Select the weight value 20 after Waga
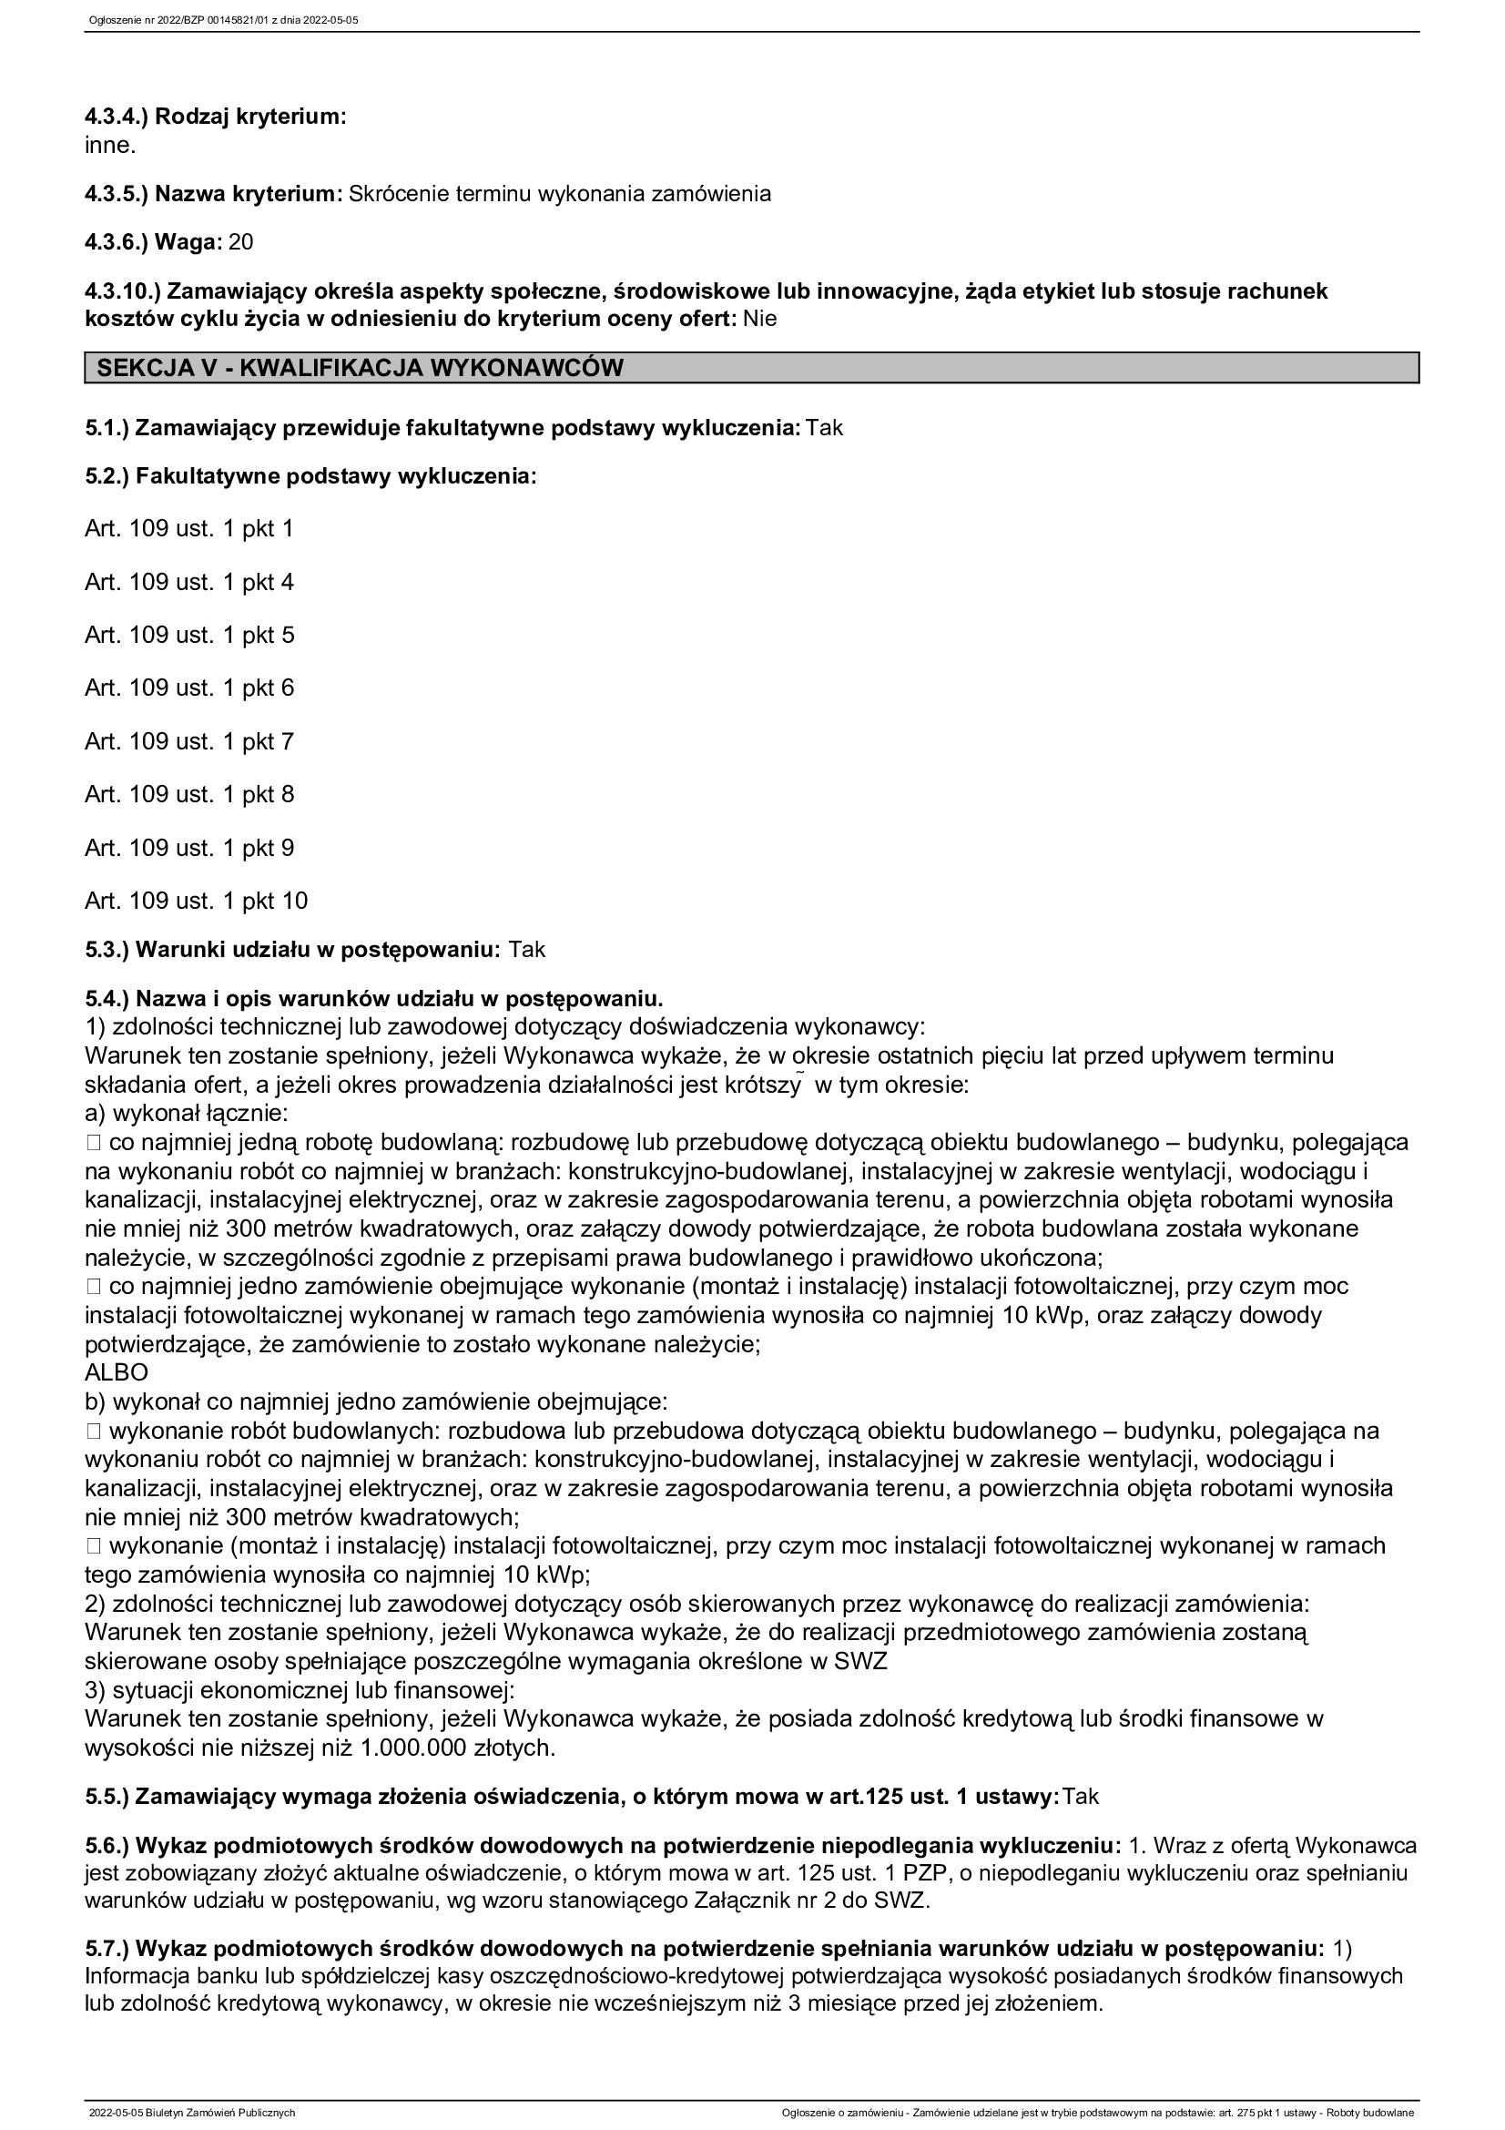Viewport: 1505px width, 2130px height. (x=241, y=243)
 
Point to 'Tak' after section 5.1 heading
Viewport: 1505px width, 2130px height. (x=824, y=429)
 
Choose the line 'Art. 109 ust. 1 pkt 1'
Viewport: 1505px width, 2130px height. (x=189, y=529)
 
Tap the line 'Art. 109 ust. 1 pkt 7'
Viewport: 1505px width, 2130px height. (x=189, y=741)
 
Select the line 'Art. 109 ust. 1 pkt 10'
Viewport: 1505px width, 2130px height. (x=197, y=901)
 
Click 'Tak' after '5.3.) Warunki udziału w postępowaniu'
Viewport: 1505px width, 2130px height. (x=526, y=950)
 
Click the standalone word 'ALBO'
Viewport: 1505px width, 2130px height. (x=116, y=1372)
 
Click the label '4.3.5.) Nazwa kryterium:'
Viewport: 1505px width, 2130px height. (x=214, y=194)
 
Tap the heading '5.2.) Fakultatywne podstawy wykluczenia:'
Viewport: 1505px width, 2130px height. (x=310, y=477)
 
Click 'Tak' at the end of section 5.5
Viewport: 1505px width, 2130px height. (x=1081, y=1797)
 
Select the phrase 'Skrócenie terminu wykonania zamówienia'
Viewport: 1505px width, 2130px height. (x=560, y=194)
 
